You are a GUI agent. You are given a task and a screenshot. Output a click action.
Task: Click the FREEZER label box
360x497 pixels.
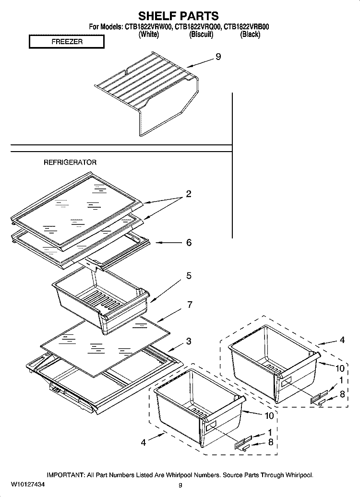point(67,42)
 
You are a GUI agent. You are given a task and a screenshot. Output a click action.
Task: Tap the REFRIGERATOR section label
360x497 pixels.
point(70,163)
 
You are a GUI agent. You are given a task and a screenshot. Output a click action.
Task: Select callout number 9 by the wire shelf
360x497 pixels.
point(218,57)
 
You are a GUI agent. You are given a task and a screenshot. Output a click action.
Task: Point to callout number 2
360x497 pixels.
point(189,194)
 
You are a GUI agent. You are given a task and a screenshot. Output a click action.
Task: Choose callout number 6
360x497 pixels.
point(189,243)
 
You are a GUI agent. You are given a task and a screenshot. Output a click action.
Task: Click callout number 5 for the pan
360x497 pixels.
point(189,276)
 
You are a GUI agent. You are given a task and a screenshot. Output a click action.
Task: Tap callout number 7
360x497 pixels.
point(190,305)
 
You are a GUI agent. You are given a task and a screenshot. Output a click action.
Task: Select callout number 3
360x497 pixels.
point(189,341)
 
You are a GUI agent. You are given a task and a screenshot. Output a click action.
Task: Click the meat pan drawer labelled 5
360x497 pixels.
point(101,297)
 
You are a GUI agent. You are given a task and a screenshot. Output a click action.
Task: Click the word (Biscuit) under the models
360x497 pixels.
point(201,35)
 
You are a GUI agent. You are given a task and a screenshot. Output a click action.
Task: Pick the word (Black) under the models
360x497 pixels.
point(250,35)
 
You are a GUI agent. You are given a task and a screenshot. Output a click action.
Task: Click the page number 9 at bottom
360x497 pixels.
point(180,485)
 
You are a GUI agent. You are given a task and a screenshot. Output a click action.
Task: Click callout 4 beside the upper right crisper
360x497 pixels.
point(342,340)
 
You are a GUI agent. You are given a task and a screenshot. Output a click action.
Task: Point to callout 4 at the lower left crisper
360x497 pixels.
point(143,443)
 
